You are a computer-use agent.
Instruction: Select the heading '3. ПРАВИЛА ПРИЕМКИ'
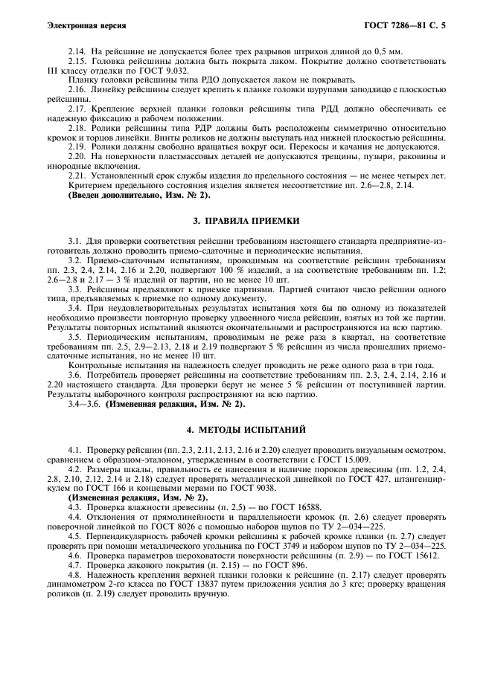click(x=246, y=221)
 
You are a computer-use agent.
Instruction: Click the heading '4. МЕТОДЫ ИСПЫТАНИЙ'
click(x=246, y=430)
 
